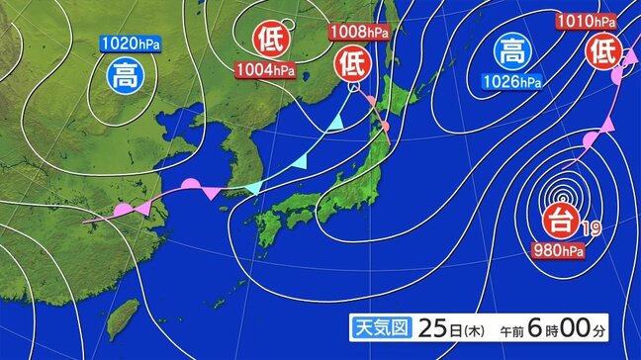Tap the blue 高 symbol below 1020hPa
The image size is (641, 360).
click(x=125, y=73)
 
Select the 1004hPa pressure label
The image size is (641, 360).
click(x=264, y=69)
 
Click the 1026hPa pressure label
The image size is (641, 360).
click(x=511, y=80)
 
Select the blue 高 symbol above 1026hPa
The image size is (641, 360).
click(x=511, y=49)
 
